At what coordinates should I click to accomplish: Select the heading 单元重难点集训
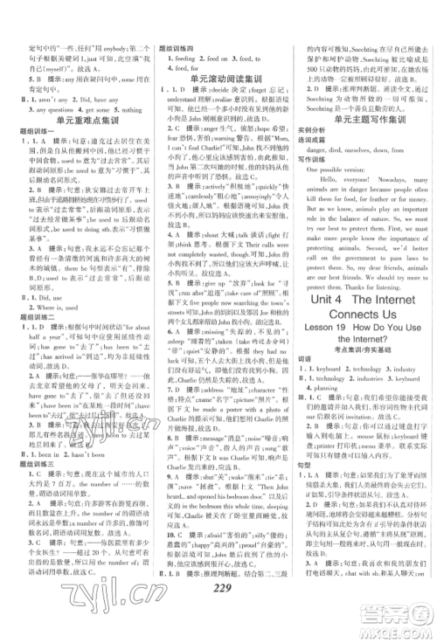(80, 123)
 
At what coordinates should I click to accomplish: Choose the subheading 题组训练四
(173, 39)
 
